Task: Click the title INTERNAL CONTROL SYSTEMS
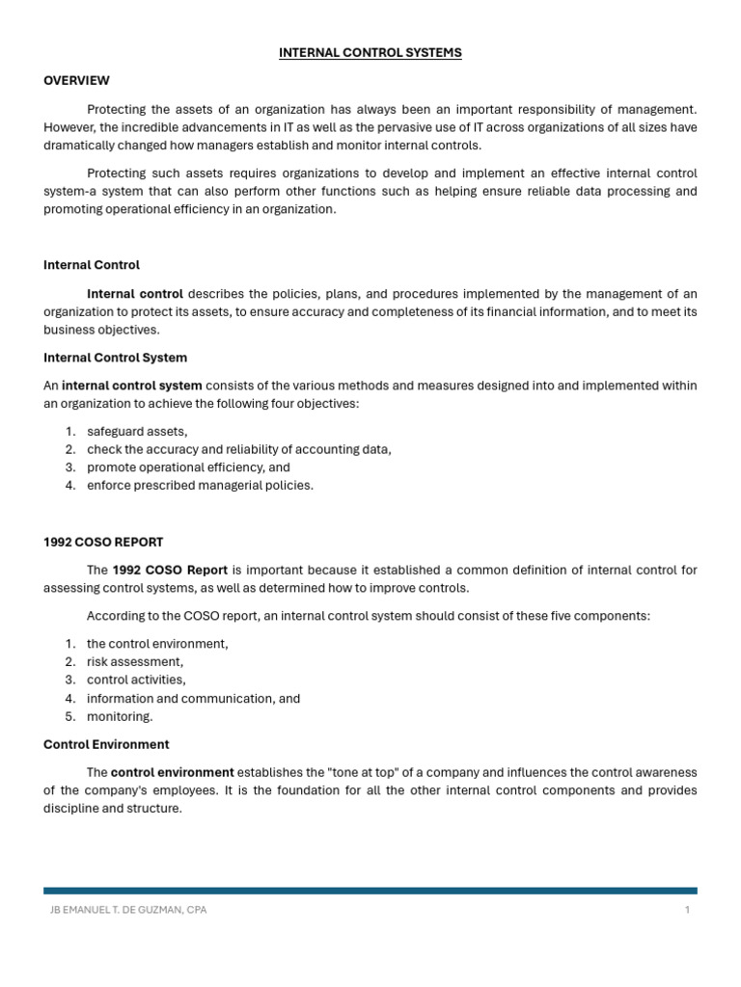pos(370,53)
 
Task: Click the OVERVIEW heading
pos(76,80)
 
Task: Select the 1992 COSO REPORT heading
pos(103,542)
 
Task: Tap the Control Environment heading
pos(106,744)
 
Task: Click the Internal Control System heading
pos(115,358)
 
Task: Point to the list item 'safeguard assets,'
pos(137,431)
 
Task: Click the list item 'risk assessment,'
pos(135,661)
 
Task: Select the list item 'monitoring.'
pos(120,716)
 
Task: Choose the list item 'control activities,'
pos(136,680)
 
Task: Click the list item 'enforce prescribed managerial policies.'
pos(200,485)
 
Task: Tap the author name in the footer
pos(127,910)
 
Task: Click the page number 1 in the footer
pos(687,910)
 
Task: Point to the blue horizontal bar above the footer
pos(370,891)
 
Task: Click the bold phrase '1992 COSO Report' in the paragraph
pos(170,570)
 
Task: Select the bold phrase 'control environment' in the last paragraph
pos(172,772)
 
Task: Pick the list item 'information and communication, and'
pos(193,698)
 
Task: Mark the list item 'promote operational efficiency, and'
pos(188,467)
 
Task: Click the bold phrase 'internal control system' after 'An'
pos(132,386)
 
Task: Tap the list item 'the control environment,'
pos(157,643)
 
